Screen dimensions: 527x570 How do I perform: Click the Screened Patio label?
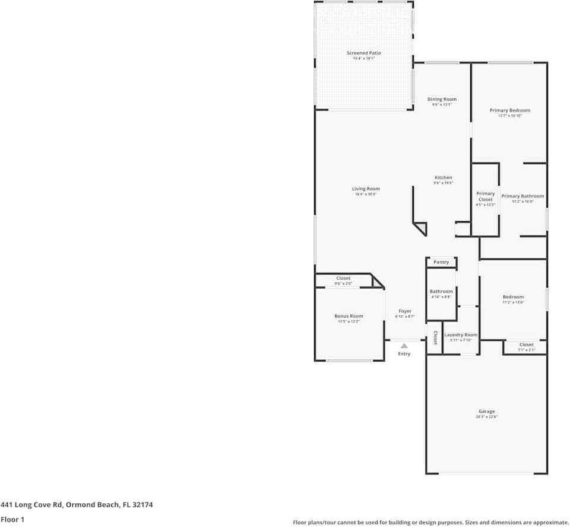[x=363, y=53]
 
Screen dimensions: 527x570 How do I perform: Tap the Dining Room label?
[x=442, y=99]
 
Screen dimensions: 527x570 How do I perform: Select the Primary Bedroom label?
[x=509, y=110]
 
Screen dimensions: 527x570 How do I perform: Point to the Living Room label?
[x=366, y=189]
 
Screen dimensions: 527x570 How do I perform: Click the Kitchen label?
[x=443, y=178]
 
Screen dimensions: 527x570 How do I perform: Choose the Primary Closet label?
[x=485, y=197]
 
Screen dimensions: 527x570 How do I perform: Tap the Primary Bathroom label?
[x=522, y=196]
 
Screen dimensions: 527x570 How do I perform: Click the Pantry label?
[x=441, y=262]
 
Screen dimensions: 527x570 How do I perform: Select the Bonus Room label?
[x=349, y=316]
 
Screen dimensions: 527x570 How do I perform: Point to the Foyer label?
[x=405, y=311]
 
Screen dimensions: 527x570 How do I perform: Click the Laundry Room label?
[x=461, y=335]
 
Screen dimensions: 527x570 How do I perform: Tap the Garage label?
[x=486, y=411]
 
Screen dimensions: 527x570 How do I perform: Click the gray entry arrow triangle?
[x=404, y=346]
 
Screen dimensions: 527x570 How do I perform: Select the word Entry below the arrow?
[x=404, y=354]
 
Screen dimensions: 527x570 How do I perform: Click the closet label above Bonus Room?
[x=343, y=279]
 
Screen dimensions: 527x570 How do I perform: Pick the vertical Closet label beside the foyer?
[x=435, y=338]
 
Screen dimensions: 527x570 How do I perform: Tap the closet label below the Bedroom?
[x=526, y=344]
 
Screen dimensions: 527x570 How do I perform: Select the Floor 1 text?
[x=13, y=519]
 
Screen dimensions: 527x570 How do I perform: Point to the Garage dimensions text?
[x=486, y=417]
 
